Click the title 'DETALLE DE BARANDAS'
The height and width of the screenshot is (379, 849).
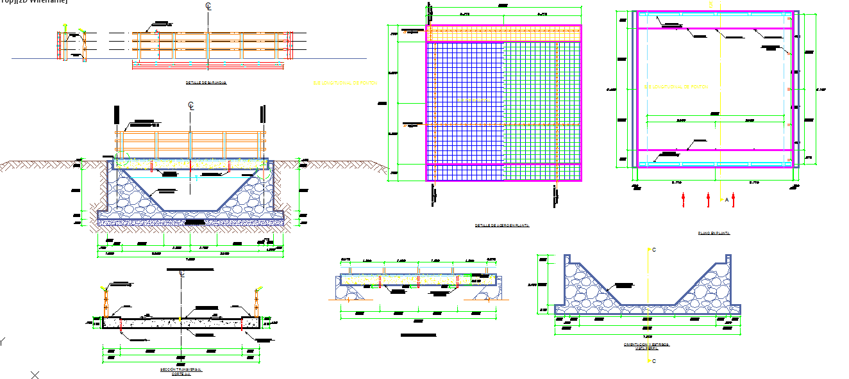206,83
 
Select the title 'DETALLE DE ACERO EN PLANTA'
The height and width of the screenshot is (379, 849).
501,225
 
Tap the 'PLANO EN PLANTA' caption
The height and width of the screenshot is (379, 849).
714,234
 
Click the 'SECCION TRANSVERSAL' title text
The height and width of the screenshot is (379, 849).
181,369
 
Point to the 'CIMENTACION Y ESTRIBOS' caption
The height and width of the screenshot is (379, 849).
646,344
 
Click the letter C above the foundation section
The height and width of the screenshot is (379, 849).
653,250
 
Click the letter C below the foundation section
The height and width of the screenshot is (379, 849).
653,361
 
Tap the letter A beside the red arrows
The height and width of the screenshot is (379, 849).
727,200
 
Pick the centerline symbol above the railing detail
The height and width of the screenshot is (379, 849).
208,6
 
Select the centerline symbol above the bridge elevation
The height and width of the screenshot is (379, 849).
190,105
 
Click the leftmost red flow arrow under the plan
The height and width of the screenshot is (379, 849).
684,199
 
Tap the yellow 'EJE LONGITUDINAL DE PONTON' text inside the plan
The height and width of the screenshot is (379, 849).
677,86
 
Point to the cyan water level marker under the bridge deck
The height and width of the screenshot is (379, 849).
197,179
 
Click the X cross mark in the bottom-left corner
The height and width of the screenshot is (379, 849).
35,375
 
